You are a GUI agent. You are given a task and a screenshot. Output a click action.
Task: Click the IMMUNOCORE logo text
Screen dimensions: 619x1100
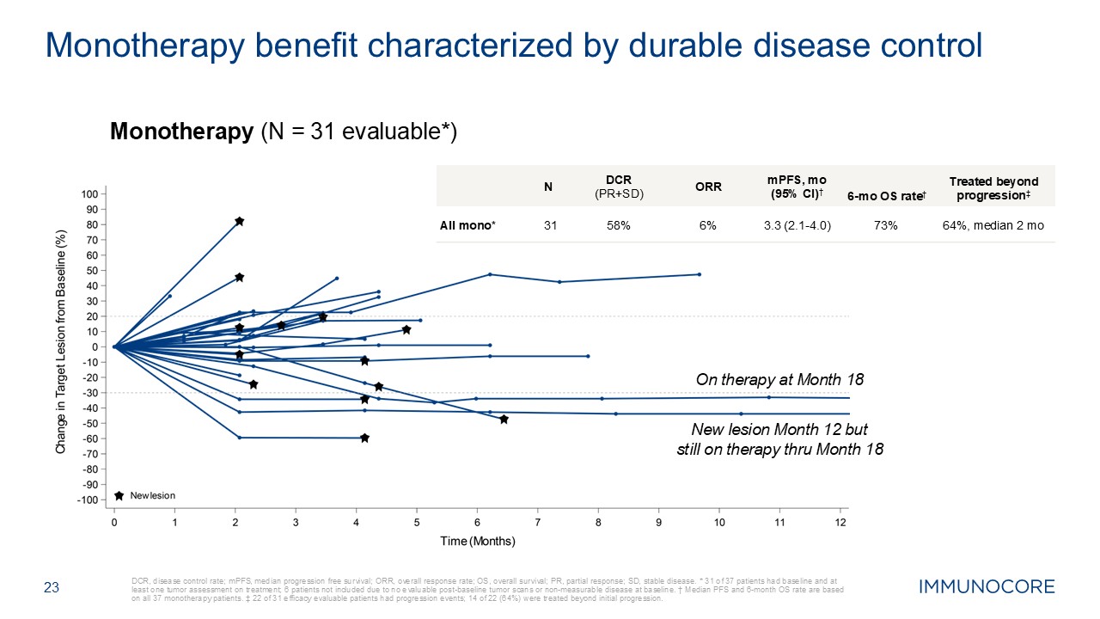987,587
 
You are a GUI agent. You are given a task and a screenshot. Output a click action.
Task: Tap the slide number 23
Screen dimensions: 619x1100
52,588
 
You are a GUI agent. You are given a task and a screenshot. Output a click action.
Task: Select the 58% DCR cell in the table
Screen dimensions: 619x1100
620,225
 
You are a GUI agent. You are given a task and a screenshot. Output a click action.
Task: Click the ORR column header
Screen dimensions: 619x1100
708,187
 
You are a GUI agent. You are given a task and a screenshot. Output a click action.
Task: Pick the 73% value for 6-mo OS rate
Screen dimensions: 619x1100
885,225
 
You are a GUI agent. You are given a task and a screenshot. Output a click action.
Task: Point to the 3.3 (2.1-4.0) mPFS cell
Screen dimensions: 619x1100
797,225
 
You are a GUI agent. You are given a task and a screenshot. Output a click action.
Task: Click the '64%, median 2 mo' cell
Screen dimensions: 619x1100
993,225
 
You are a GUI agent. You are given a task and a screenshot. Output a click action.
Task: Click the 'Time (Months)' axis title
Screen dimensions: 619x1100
477,541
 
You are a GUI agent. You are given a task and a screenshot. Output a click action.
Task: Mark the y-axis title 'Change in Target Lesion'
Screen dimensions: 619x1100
61,341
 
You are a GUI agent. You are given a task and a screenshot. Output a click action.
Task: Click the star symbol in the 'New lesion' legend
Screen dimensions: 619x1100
119,496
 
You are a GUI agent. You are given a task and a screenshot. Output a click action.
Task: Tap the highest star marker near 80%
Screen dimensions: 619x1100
240,222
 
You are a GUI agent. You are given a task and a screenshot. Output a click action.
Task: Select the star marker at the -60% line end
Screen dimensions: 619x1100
364,438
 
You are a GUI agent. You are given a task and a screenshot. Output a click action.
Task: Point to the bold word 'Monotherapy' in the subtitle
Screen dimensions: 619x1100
176,132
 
